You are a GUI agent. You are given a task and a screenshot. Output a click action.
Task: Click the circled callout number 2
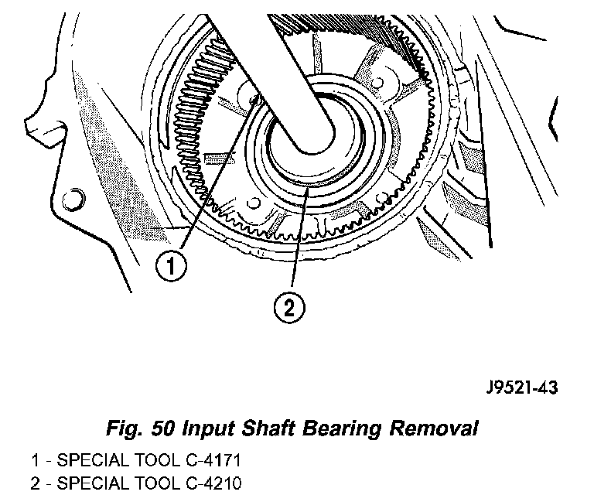288,309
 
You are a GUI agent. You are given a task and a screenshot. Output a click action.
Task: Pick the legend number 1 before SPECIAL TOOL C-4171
36,461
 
